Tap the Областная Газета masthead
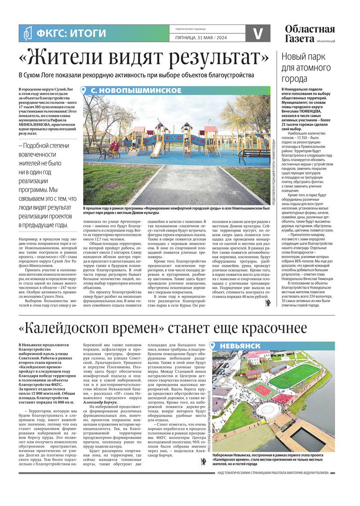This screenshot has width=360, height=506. pos(310,34)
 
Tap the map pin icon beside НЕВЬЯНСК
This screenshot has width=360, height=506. pos(215,345)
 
